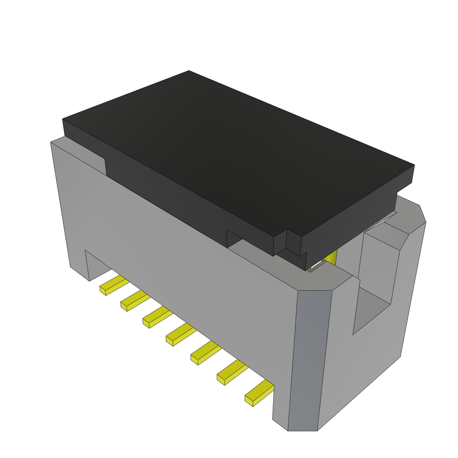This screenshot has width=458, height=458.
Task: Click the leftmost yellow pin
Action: (112, 285)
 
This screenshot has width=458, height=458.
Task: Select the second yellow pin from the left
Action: (133, 301)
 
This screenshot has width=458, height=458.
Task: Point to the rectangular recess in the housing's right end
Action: (376, 277)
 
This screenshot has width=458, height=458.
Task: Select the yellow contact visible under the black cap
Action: (331, 257)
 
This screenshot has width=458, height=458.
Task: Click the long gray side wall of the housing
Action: (179, 250)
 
